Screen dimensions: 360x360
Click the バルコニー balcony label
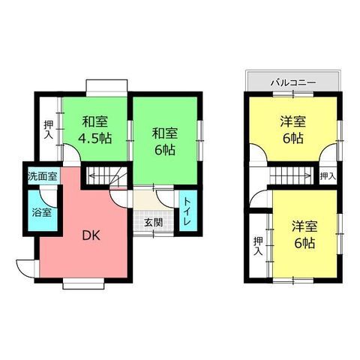click(x=293, y=82)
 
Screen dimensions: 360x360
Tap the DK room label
click(x=91, y=235)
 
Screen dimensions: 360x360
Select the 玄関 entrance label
click(x=154, y=223)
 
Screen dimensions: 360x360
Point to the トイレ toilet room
click(x=188, y=211)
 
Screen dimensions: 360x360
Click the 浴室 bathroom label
click(x=42, y=212)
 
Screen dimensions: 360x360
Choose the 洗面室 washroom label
click(x=43, y=176)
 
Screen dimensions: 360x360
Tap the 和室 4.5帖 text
click(x=95, y=130)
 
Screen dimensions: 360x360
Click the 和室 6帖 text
click(x=165, y=141)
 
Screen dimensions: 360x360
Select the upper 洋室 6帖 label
click(x=293, y=130)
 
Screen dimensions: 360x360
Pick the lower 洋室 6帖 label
click(x=304, y=234)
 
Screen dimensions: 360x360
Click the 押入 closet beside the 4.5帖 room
click(x=48, y=130)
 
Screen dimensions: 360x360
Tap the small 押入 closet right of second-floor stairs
click(x=328, y=176)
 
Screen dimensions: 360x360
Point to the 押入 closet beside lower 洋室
click(x=258, y=246)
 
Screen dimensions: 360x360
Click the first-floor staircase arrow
click(x=106, y=176)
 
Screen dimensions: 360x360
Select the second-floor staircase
click(x=291, y=175)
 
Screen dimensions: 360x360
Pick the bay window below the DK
click(x=83, y=286)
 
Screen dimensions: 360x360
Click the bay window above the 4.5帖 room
click(x=106, y=86)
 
